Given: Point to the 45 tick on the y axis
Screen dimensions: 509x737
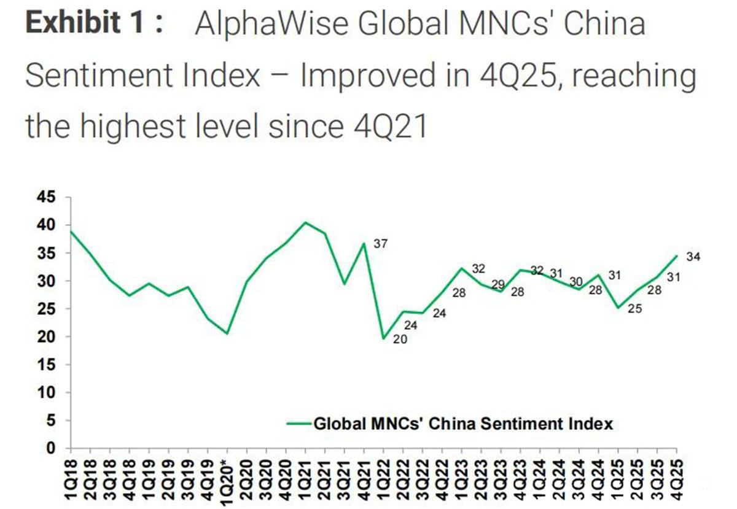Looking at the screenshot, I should pos(47,198).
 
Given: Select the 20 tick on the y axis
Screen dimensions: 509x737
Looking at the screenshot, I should pos(47,337).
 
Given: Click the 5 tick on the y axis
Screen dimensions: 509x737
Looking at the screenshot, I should pos(50,421).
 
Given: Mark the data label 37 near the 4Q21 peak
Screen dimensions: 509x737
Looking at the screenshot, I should pos(381,244).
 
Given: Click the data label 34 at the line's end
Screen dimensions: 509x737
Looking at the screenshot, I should pos(693,257).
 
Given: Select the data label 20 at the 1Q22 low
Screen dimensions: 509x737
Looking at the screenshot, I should pos(399,338).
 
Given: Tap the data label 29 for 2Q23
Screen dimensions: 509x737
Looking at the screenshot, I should pos(497,284).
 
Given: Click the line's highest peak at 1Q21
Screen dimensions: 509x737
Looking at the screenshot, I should pos(306,222).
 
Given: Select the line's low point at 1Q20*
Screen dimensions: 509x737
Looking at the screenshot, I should pos(227,333).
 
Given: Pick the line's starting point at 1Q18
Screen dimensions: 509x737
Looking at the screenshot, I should pos(71,231).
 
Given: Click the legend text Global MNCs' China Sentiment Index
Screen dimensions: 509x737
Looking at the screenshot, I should pos(464,423).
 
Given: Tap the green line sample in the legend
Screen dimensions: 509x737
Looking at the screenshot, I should pos(299,423).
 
